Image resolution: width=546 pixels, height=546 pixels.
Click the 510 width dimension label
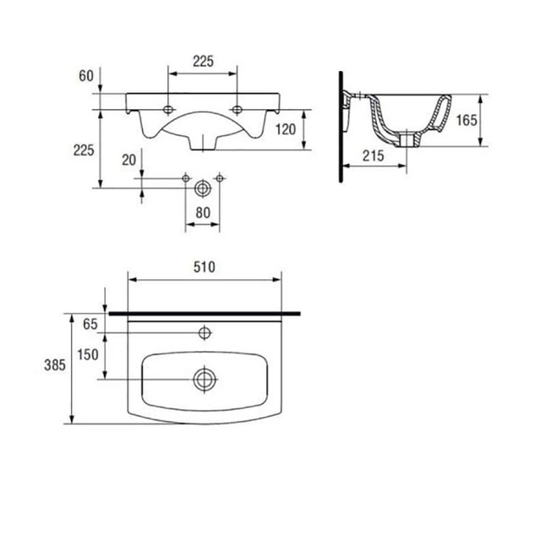tap(204, 267)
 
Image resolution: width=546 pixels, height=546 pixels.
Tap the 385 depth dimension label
tap(55, 365)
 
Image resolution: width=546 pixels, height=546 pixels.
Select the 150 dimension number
tap(88, 354)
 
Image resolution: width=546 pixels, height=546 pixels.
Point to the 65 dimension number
tap(90, 324)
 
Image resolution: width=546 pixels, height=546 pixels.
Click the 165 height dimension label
tap(466, 120)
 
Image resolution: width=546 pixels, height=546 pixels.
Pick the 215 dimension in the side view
tap(374, 156)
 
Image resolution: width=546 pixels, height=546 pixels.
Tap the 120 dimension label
tap(285, 129)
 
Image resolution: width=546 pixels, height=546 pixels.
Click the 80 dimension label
tap(203, 212)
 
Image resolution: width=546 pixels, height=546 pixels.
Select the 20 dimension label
tap(129, 159)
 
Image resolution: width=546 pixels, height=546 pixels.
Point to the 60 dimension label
tap(86, 75)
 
